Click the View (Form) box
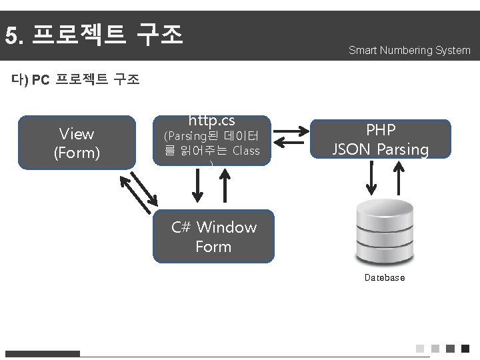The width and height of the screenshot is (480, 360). pyautogui.click(x=76, y=143)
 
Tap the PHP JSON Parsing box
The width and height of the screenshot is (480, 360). pyautogui.click(x=381, y=140)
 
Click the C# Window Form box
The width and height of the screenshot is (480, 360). pyautogui.click(x=213, y=237)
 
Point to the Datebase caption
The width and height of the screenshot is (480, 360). pyautogui.click(x=384, y=277)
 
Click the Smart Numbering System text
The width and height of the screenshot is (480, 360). pyautogui.click(x=409, y=50)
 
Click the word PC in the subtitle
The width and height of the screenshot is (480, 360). pyautogui.click(x=41, y=81)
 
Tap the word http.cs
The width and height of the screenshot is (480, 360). pyautogui.click(x=212, y=121)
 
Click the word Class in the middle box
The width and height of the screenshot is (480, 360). pyautogui.click(x=246, y=151)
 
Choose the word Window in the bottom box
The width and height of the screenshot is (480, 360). pyautogui.click(x=227, y=227)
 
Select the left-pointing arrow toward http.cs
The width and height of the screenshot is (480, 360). pyautogui.click(x=289, y=141)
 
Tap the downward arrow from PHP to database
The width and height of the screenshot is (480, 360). pyautogui.click(x=371, y=177)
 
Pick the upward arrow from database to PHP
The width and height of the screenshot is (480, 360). pyautogui.click(x=398, y=177)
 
